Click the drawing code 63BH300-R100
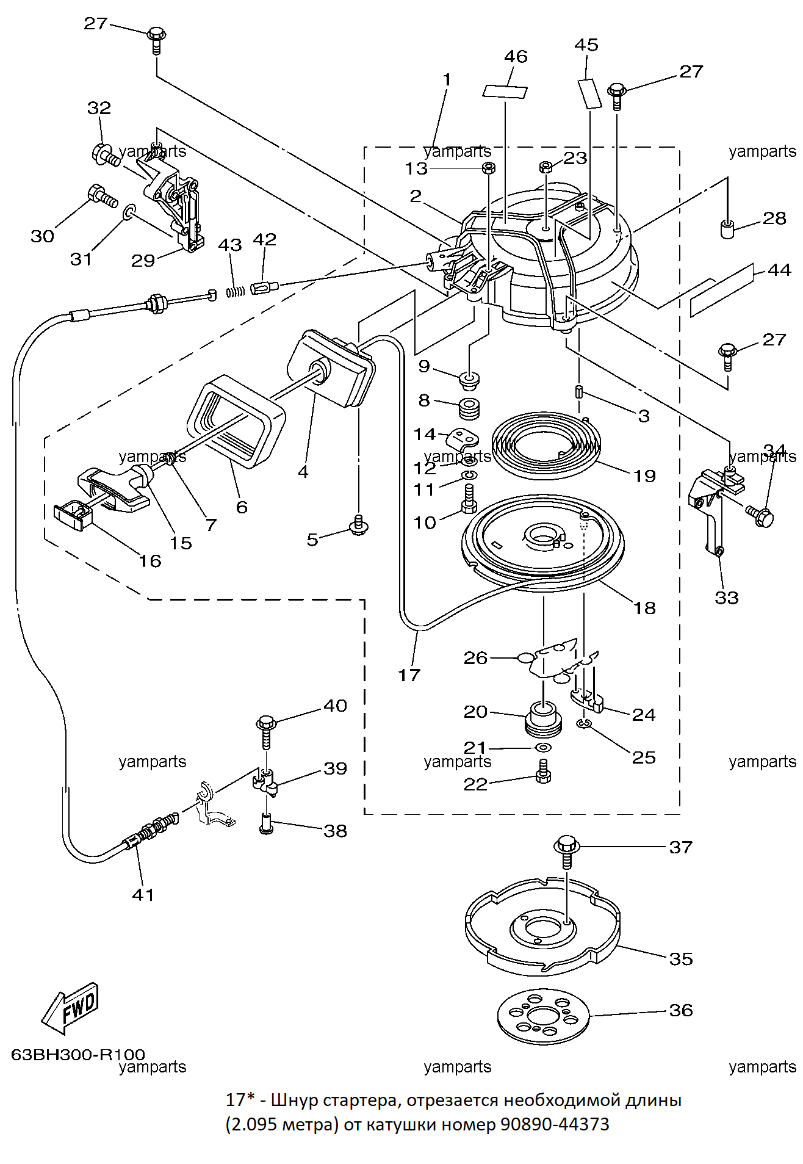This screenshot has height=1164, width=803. point(78,1054)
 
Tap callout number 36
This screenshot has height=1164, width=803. point(681,1010)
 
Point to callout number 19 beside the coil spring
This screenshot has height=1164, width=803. point(644,475)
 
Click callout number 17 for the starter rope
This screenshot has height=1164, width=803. point(409,674)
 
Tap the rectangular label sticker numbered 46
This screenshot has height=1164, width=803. point(505,91)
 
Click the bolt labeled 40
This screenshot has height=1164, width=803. point(266,731)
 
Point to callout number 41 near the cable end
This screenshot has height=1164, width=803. point(143,895)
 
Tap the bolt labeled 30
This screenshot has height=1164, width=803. point(103,195)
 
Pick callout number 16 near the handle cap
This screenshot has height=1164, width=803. point(150,561)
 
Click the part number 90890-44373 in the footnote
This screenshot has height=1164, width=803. point(555,1124)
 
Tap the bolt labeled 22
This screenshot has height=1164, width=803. point(543,772)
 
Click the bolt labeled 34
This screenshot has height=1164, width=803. point(760,516)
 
